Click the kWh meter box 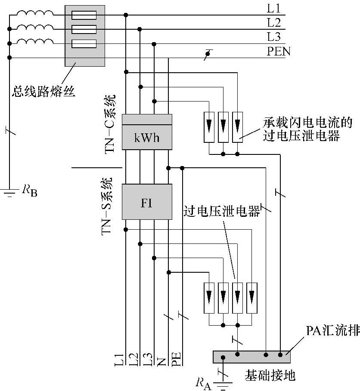pyautogui.click(x=147, y=138)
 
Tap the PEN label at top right pyautogui.click(x=279, y=52)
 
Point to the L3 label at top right pyautogui.click(x=273, y=37)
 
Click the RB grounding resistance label pyautogui.click(x=30, y=189)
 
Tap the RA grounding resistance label pyautogui.click(x=203, y=382)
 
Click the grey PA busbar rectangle pyautogui.click(x=251, y=357)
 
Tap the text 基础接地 pyautogui.click(x=270, y=376)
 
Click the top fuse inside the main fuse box pyautogui.click(x=84, y=15)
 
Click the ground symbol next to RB pyautogui.click(x=9, y=192)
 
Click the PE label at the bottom pyautogui.click(x=176, y=359)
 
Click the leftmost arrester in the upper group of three pyautogui.click(x=209, y=127)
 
